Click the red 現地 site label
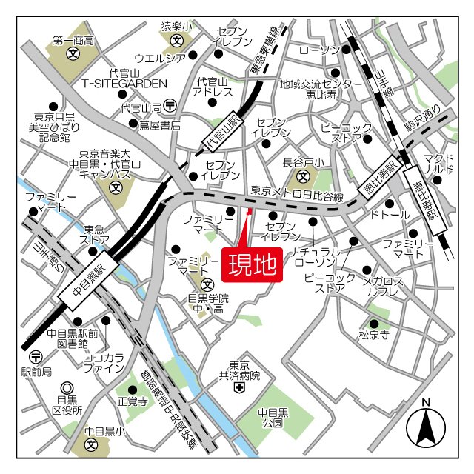coord(252,263)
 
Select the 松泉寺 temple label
coord(374,335)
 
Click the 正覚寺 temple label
coord(128,402)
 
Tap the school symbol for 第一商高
coord(73,54)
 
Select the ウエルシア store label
coord(160,58)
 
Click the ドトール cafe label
coord(389,216)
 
